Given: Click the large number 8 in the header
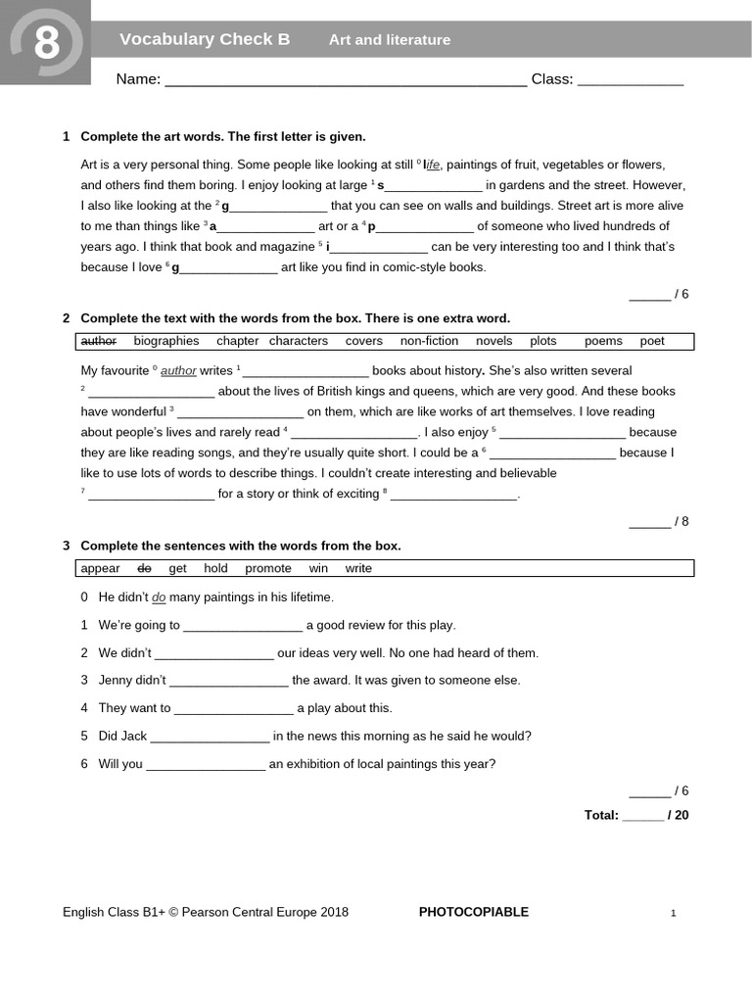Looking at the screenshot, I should (46, 42).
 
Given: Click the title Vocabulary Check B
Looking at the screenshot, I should (205, 39).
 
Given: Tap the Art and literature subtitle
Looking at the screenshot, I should (390, 40).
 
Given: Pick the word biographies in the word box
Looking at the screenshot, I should (166, 341).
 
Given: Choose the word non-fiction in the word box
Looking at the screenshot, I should (429, 341).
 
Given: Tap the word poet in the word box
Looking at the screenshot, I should (652, 341).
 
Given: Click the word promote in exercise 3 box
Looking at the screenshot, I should (268, 568).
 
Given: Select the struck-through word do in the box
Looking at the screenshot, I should (144, 568).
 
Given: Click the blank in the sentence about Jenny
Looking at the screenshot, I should (229, 681).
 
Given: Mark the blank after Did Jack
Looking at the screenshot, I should (210, 737).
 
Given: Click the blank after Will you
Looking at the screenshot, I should (206, 765).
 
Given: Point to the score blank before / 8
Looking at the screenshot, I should (649, 522).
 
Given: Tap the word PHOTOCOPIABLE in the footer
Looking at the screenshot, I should (474, 912).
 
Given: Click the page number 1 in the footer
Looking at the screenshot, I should (674, 914).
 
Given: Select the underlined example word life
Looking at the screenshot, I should (432, 165).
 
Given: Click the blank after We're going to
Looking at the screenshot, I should (243, 626).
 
